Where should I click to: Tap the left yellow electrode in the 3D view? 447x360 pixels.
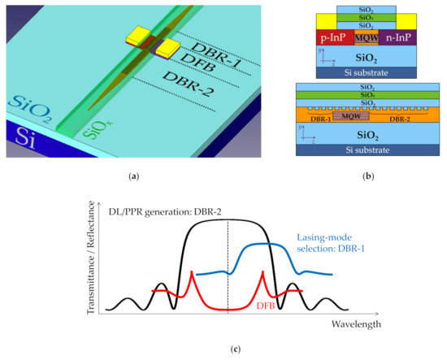point(139,35)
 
